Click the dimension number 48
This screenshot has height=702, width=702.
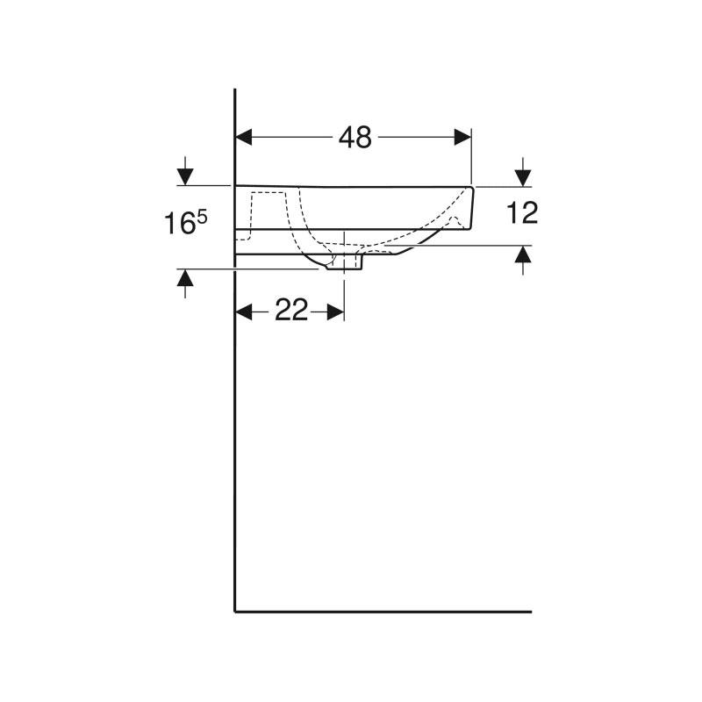point(355,137)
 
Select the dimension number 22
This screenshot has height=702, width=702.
point(291,310)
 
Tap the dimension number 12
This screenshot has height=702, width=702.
point(522,212)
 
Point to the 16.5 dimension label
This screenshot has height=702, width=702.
point(186,223)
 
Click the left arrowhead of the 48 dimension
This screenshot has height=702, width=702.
point(244,137)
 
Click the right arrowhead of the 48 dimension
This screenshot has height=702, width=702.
point(463,137)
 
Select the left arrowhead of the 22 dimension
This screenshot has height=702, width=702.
point(244,312)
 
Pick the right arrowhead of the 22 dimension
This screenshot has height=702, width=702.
point(336,312)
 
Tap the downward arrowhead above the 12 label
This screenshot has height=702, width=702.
point(523,178)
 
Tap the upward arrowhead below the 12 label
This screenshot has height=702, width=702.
point(523,254)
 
